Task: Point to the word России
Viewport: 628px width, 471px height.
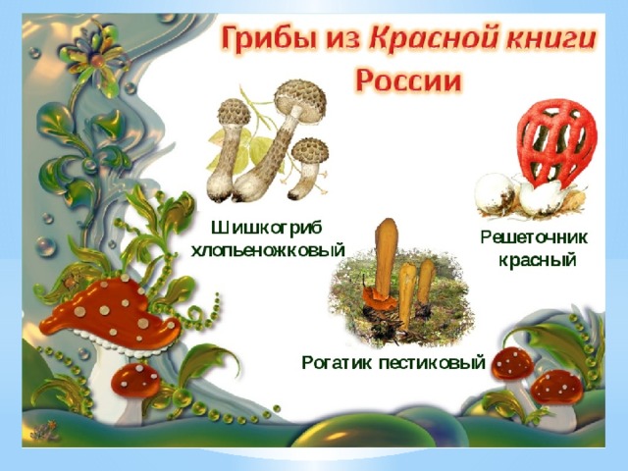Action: click(409, 81)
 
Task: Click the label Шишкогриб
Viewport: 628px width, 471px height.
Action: click(267, 229)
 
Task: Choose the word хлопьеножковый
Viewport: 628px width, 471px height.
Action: click(268, 251)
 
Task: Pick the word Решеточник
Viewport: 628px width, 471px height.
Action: click(534, 237)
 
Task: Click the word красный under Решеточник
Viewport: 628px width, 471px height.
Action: click(537, 260)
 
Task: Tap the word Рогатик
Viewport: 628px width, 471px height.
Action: click(337, 363)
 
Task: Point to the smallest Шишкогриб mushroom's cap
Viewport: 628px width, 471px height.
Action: click(310, 151)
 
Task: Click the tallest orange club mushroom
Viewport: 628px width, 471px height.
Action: click(386, 260)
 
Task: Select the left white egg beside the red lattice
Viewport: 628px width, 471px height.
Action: click(495, 193)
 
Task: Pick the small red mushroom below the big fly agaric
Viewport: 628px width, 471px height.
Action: click(135, 380)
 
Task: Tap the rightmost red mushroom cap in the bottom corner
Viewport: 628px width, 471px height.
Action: click(556, 388)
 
